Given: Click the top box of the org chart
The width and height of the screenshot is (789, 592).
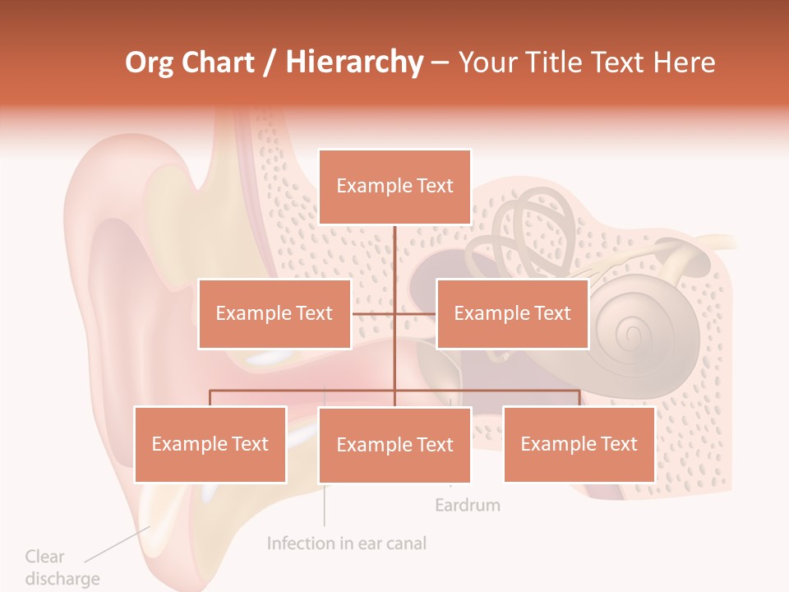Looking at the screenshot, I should tap(394, 187).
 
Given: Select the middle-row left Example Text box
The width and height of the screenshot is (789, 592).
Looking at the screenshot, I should tap(275, 313).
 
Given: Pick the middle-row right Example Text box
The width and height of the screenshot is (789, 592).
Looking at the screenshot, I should tap(512, 313).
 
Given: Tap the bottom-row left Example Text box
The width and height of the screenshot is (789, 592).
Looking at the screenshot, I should tap(210, 444).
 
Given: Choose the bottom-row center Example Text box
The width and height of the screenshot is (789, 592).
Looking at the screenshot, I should tap(394, 445).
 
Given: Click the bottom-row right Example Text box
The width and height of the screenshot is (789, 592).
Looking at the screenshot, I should tap(579, 444).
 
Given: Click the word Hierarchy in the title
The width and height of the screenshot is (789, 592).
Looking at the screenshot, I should tap(354, 62).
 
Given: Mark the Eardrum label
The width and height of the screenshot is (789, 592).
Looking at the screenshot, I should tap(467, 504).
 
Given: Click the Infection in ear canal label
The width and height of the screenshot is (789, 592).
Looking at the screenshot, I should tap(347, 543).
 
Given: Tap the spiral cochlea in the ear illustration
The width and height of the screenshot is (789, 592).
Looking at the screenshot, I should tap(631, 331).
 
